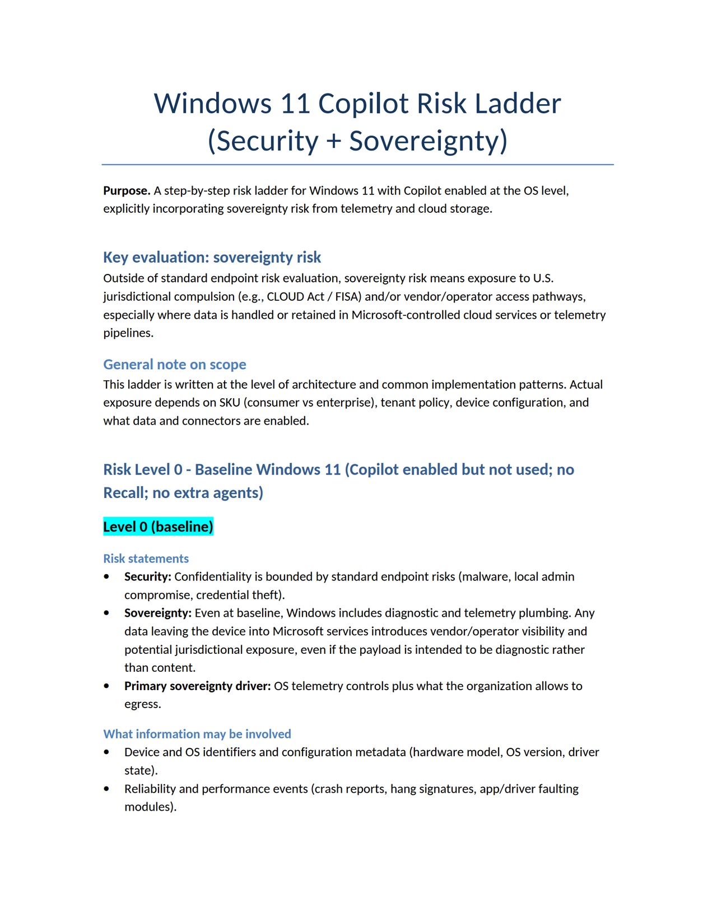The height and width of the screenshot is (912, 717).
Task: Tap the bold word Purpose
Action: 127,190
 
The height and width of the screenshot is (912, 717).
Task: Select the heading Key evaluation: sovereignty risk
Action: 212,257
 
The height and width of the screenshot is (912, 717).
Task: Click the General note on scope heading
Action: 174,364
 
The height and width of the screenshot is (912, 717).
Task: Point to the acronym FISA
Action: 347,296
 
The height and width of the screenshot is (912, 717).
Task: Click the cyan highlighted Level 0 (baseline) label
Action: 158,527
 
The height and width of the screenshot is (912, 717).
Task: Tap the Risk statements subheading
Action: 146,559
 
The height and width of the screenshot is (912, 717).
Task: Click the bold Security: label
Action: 148,576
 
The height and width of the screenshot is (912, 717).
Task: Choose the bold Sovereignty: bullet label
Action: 158,613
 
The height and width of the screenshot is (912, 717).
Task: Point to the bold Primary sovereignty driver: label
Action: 197,686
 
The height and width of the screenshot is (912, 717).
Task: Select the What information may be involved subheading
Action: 197,734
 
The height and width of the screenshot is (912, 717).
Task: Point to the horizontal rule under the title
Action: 357,165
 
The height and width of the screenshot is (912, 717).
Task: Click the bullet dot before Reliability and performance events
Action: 107,789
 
